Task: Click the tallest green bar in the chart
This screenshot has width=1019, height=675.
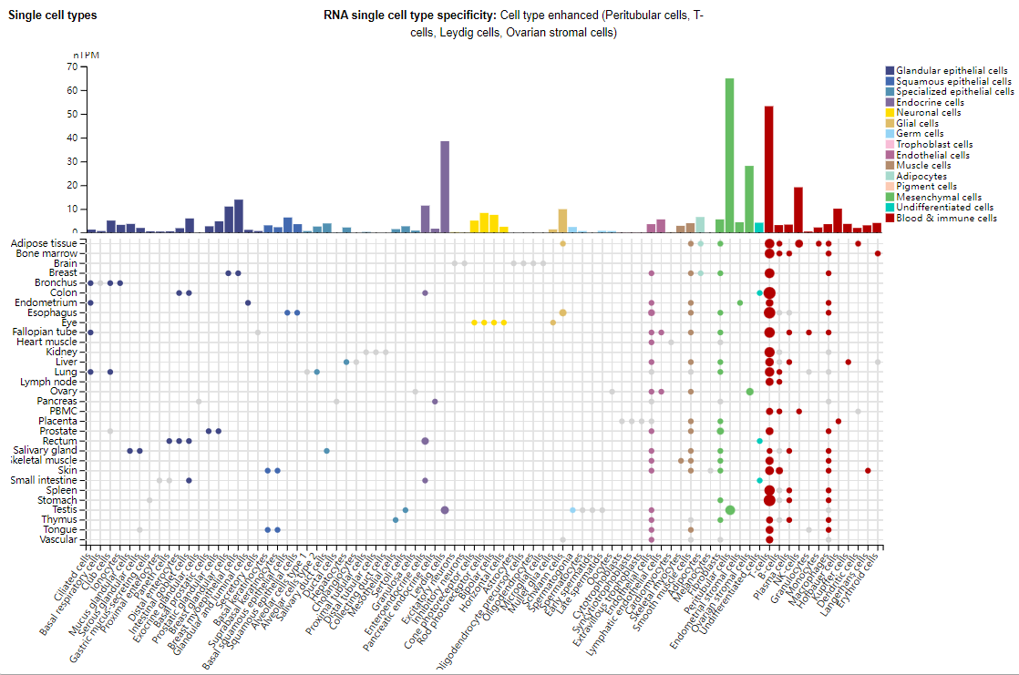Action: [729, 155]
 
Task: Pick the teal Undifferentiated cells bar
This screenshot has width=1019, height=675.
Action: [759, 227]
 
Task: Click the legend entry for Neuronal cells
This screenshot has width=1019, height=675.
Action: [928, 113]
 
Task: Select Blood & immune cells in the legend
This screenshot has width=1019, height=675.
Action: [947, 218]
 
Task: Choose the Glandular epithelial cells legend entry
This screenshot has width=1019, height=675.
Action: [952, 71]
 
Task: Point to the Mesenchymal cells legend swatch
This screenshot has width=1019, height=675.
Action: [890, 197]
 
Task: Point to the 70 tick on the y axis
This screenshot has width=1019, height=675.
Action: [69, 66]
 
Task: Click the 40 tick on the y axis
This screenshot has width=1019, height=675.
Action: [69, 138]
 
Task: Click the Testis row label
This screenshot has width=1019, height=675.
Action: [64, 510]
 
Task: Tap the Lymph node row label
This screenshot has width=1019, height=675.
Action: [54, 382]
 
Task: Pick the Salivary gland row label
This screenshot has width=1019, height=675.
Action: [46, 451]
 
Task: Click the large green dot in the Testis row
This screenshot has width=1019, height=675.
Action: [730, 510]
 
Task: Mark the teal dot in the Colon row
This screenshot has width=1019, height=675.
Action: [759, 292]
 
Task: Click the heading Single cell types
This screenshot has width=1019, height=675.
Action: [53, 15]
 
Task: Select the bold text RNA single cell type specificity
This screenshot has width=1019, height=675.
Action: [409, 16]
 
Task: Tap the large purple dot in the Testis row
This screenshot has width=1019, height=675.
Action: [445, 510]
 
